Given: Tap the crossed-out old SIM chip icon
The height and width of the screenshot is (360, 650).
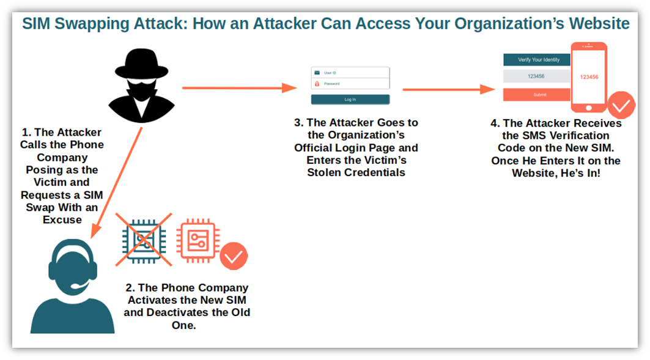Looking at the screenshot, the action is (144, 240).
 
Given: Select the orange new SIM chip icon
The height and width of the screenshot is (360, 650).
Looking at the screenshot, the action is (198, 241).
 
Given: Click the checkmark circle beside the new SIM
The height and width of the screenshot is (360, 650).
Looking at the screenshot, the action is (234, 256).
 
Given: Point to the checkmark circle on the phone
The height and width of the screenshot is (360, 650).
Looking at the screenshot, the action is (621, 105).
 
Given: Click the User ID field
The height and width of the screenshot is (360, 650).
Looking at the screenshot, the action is (350, 73).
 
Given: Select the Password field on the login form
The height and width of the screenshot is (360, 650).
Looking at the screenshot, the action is (350, 84).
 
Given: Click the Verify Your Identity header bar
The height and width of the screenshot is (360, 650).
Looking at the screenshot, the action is (537, 60).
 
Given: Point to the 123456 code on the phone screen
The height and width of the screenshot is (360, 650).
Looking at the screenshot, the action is (589, 77).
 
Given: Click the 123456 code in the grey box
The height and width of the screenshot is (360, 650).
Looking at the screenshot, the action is (536, 76).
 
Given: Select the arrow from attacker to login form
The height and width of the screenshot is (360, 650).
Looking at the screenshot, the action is (240, 88).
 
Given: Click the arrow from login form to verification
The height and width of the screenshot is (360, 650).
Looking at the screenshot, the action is (449, 89).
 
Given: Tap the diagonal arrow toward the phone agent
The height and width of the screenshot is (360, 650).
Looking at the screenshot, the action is (116, 183).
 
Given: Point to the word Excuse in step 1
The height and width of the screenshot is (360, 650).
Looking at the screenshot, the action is (62, 219).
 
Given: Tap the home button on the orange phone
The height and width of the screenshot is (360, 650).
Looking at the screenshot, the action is (589, 108).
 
